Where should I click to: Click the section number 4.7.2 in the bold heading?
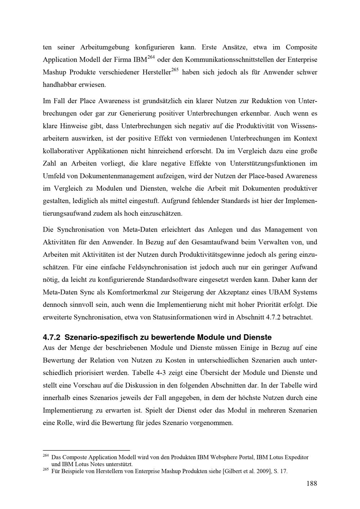[x=51, y=337]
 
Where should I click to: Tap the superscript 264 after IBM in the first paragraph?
[x=151, y=57]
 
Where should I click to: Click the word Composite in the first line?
[x=301, y=47]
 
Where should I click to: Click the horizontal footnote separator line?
[x=86, y=450]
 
